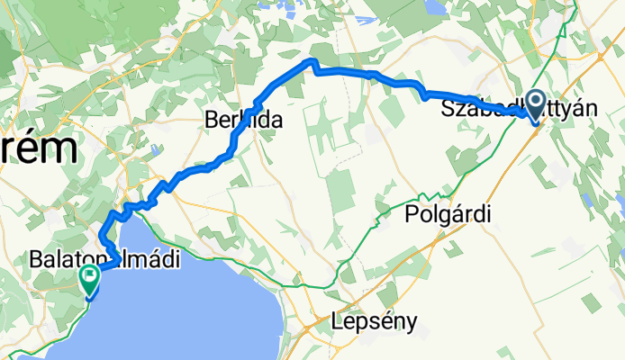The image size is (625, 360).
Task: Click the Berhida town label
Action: tap(243, 120)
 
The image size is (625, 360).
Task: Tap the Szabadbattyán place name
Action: tap(519, 109)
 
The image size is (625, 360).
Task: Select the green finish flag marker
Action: tap(90, 279)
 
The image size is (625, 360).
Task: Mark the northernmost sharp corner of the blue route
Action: tap(312, 60)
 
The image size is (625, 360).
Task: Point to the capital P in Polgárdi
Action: tap(412, 215)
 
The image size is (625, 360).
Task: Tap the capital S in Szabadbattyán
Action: tap(448, 109)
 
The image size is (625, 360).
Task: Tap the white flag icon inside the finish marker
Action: tap(90, 275)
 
